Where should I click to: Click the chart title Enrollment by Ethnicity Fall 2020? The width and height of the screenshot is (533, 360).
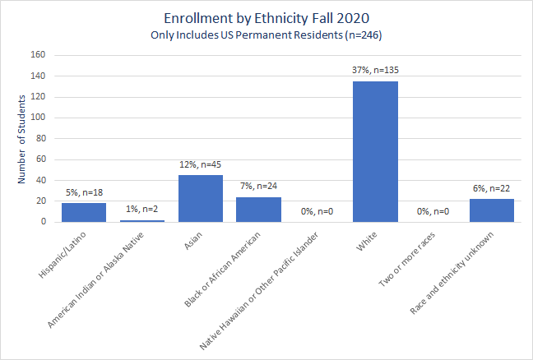[266, 17]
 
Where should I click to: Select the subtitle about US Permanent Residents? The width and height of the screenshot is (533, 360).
[266, 35]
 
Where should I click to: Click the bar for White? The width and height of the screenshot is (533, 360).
[375, 151]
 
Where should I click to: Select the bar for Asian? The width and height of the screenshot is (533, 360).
[201, 198]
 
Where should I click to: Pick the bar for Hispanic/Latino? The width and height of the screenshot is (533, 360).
[84, 212]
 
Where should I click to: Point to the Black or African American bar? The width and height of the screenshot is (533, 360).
[258, 209]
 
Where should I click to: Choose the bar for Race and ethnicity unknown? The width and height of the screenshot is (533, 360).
[492, 210]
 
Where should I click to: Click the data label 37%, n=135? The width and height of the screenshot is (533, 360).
[375, 71]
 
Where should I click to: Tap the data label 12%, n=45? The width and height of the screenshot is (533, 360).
[201, 164]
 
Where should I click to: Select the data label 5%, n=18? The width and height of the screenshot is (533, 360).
[84, 193]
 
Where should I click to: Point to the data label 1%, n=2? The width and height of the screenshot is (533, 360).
[142, 210]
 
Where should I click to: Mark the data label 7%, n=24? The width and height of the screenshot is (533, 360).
[258, 187]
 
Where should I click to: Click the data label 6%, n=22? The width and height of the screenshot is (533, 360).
[492, 188]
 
